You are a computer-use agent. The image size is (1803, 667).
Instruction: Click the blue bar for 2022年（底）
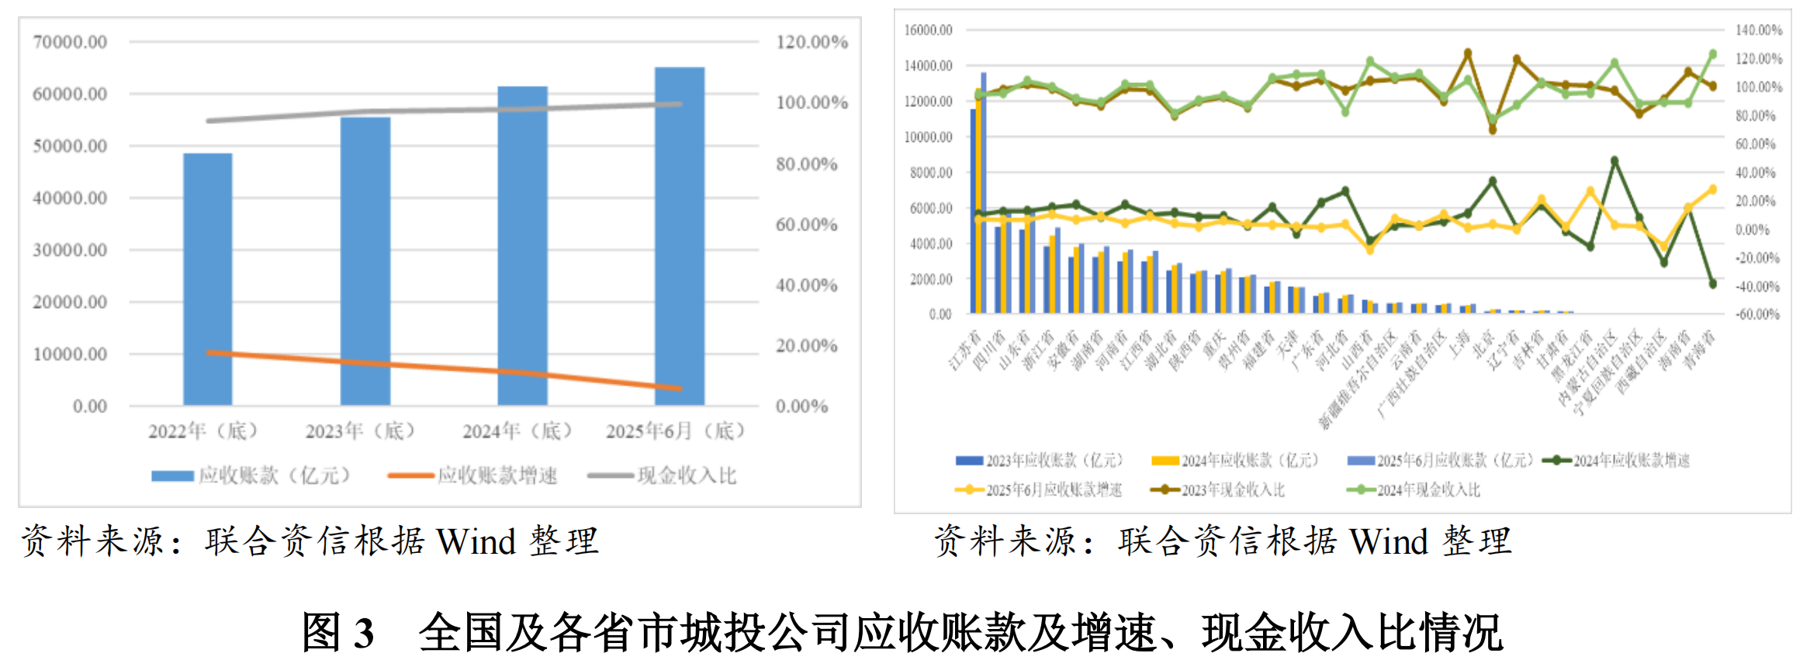coord(207,279)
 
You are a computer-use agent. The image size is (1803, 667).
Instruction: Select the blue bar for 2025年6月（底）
coord(680,237)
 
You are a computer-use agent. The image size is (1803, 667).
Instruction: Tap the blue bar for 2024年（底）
coord(522,246)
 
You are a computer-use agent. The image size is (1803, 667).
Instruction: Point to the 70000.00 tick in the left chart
coord(70,42)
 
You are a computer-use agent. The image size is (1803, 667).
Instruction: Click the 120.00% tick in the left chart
coord(812,42)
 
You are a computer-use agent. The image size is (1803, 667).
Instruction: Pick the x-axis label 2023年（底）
coord(360,430)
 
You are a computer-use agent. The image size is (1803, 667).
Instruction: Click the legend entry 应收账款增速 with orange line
coord(473,475)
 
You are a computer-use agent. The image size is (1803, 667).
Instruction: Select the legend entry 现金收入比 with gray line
coord(663,475)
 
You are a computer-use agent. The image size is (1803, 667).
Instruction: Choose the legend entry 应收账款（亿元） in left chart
coord(251,475)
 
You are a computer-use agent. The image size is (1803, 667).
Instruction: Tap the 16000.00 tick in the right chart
coord(928,30)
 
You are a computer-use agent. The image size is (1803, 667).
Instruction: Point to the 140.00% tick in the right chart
coord(1759,30)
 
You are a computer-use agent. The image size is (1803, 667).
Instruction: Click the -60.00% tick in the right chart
coord(1757,314)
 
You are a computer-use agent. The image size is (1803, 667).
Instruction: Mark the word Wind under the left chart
coord(476,541)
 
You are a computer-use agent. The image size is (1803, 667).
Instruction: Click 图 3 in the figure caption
coord(338,633)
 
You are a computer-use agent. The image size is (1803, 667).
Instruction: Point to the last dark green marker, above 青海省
coord(1712,284)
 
